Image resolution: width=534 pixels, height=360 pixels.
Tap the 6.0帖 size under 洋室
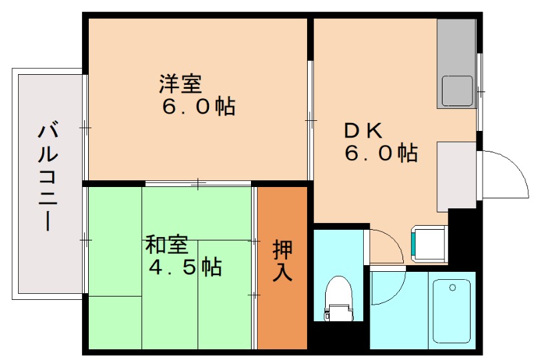coord(198,106)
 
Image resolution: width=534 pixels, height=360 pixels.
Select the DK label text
coord(361,131)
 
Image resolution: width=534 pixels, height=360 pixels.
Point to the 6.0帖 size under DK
coord(380,154)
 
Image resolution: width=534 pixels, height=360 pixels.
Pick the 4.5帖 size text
coord(185,267)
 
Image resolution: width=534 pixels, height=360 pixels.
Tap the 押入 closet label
coord(282,260)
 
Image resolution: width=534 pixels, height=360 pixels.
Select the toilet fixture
coord(340,297)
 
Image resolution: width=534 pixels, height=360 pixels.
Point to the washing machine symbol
coord(429,242)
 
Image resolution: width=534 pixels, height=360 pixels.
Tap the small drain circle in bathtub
coord(453,288)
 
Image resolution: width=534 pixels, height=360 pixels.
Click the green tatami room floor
coord(113,294)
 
